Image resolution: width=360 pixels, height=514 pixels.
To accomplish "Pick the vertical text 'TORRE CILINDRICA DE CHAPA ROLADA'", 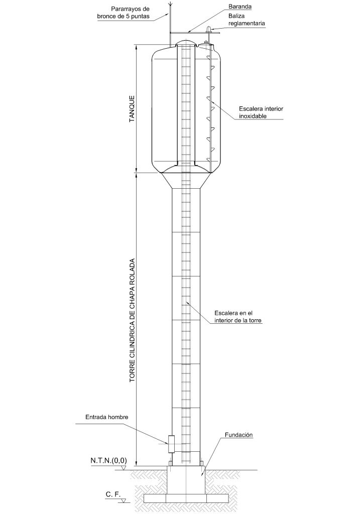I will click(133, 321).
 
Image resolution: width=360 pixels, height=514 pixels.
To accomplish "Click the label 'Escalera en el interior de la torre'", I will click(238, 317).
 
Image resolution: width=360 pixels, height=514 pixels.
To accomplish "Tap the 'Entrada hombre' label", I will click(107, 417).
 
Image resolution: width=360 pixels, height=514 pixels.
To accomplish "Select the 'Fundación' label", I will click(238, 435).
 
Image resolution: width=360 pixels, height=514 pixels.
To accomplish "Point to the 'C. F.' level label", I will click(113, 494).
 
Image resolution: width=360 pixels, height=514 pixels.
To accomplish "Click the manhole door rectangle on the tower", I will click(171, 443).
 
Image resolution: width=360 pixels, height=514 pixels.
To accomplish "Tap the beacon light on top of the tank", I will click(207, 32).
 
